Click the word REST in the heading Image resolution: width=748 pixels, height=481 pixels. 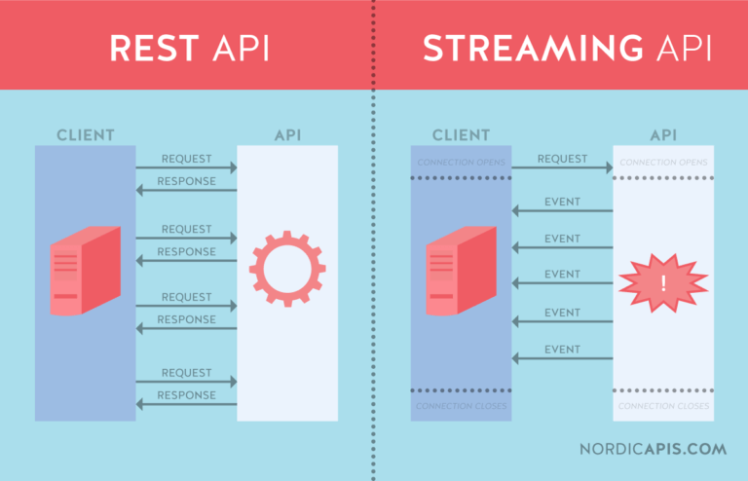point(149,49)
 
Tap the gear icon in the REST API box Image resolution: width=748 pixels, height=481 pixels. point(287,270)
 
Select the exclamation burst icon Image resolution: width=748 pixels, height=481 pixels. point(663,282)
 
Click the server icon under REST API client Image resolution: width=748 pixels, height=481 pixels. point(85,270)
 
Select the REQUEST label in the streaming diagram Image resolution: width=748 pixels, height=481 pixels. point(562,159)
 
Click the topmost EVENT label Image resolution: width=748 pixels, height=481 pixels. point(562,202)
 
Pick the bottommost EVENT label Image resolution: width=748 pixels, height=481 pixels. point(562,350)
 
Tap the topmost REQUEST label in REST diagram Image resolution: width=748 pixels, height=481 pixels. point(186,159)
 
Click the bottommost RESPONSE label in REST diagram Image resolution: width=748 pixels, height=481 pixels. point(186,395)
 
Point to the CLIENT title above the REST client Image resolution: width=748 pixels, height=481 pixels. point(85,134)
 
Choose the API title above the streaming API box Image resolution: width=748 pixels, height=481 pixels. point(663,134)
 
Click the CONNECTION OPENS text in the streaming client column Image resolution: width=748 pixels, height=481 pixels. point(461,162)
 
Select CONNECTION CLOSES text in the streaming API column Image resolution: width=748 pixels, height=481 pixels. point(663,406)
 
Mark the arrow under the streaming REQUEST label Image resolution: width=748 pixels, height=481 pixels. point(562,168)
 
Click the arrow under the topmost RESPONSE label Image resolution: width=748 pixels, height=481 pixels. point(186,191)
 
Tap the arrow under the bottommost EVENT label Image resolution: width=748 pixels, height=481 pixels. point(562,359)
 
